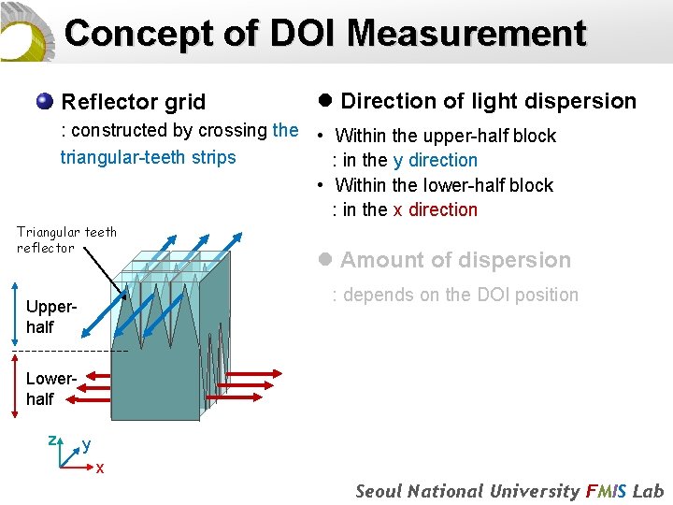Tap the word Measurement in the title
(x=466, y=34)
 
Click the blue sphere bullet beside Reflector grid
(x=44, y=101)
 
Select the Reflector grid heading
(x=133, y=102)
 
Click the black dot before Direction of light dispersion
(x=326, y=101)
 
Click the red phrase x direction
(x=435, y=209)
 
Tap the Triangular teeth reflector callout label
(x=65, y=239)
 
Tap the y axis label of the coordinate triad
(x=86, y=444)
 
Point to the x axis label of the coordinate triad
(x=100, y=467)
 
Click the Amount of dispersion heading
(x=455, y=260)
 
